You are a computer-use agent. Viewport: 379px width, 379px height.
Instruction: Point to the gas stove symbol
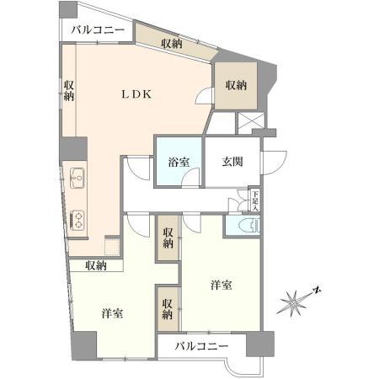[77, 218]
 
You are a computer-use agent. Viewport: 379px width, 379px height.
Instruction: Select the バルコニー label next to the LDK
[98, 31]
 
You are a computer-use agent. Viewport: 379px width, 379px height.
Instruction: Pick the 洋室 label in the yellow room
[113, 313]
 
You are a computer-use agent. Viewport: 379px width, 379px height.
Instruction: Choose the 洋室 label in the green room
[222, 286]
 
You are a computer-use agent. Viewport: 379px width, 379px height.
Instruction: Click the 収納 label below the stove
[94, 266]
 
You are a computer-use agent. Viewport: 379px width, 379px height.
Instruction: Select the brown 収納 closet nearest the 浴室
[168, 238]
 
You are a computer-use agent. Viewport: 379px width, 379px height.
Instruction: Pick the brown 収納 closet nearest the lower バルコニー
[168, 308]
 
